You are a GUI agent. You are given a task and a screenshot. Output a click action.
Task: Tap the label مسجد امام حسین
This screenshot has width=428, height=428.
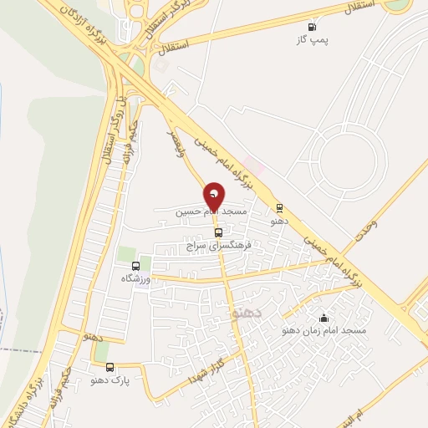[x=211, y=213]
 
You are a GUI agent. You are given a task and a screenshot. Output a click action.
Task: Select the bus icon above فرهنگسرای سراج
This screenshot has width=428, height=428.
[x=218, y=233]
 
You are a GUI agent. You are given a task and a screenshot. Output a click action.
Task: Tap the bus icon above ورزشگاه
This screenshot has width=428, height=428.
[x=136, y=266]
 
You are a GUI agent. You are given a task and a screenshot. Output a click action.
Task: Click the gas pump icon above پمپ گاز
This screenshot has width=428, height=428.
[x=313, y=27]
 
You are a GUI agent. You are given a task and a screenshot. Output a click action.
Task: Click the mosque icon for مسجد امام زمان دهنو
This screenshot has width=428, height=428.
[x=324, y=318]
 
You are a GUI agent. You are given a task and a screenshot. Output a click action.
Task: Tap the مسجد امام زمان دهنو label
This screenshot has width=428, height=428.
[x=326, y=332]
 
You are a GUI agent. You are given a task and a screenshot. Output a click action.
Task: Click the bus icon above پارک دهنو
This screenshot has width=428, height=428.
[x=110, y=367]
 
